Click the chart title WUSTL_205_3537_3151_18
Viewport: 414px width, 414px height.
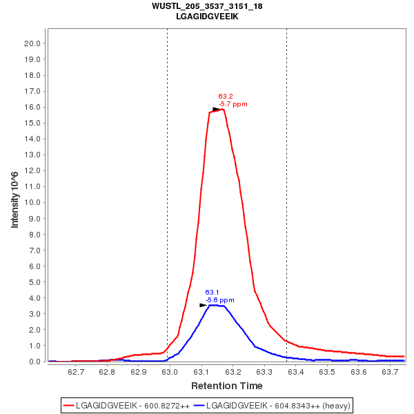coord(207,6)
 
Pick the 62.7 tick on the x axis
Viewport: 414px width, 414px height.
coord(76,373)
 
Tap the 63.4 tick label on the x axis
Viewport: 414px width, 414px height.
coord(295,373)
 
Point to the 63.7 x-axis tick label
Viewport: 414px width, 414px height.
coord(390,373)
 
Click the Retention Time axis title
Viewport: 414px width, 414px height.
coord(226,386)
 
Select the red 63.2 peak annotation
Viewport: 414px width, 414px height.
coord(226,97)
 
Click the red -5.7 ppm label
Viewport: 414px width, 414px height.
coord(233,104)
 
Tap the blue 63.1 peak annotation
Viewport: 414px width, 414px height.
coord(212,293)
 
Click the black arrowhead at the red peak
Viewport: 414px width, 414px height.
coord(217,109)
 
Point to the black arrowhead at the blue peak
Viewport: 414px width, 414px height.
coord(204,305)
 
